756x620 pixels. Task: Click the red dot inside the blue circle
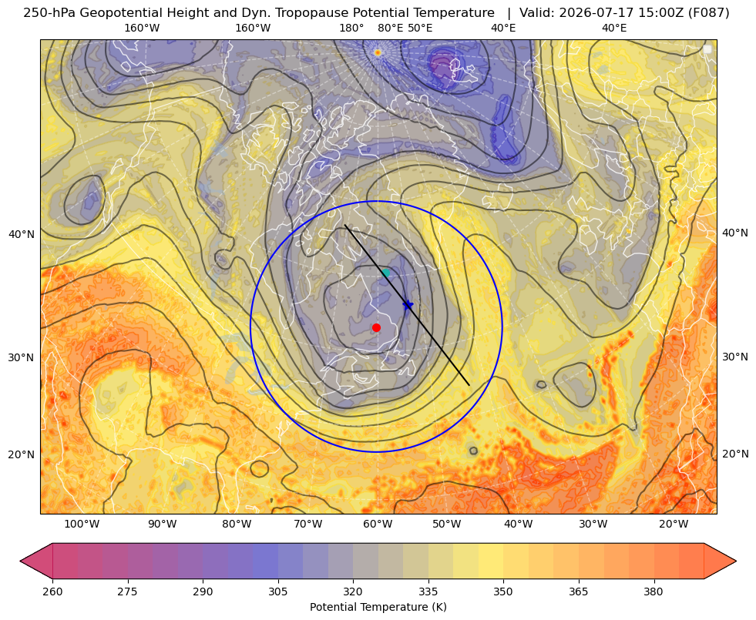(x=377, y=327)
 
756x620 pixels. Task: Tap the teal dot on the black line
(x=385, y=273)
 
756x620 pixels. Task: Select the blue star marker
(x=408, y=304)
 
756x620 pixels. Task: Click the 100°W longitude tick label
(x=82, y=524)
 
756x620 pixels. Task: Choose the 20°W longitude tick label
(x=674, y=524)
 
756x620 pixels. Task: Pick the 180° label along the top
(x=351, y=28)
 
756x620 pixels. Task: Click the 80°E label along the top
(x=390, y=28)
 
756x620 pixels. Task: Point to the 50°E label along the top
(x=420, y=28)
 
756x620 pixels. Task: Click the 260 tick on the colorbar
(x=52, y=592)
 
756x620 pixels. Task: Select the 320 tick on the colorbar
(x=353, y=592)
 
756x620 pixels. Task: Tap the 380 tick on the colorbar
(x=654, y=592)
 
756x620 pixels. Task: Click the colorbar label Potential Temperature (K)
(x=378, y=607)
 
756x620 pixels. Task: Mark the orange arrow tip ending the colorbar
(x=735, y=561)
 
